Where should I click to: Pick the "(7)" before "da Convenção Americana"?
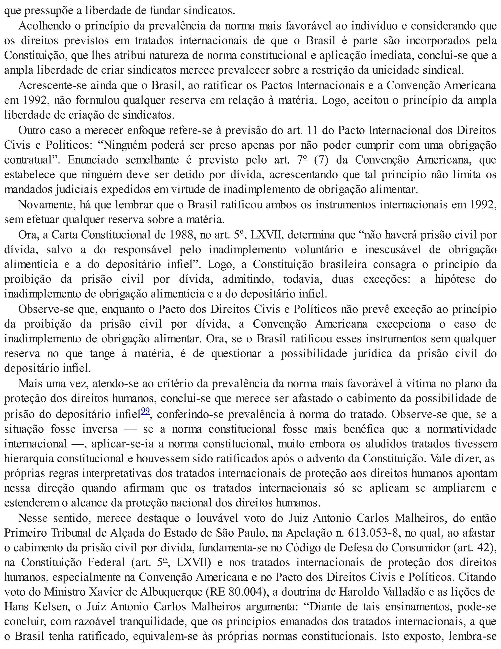(x=322, y=160)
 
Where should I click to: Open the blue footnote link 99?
(x=146, y=411)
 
